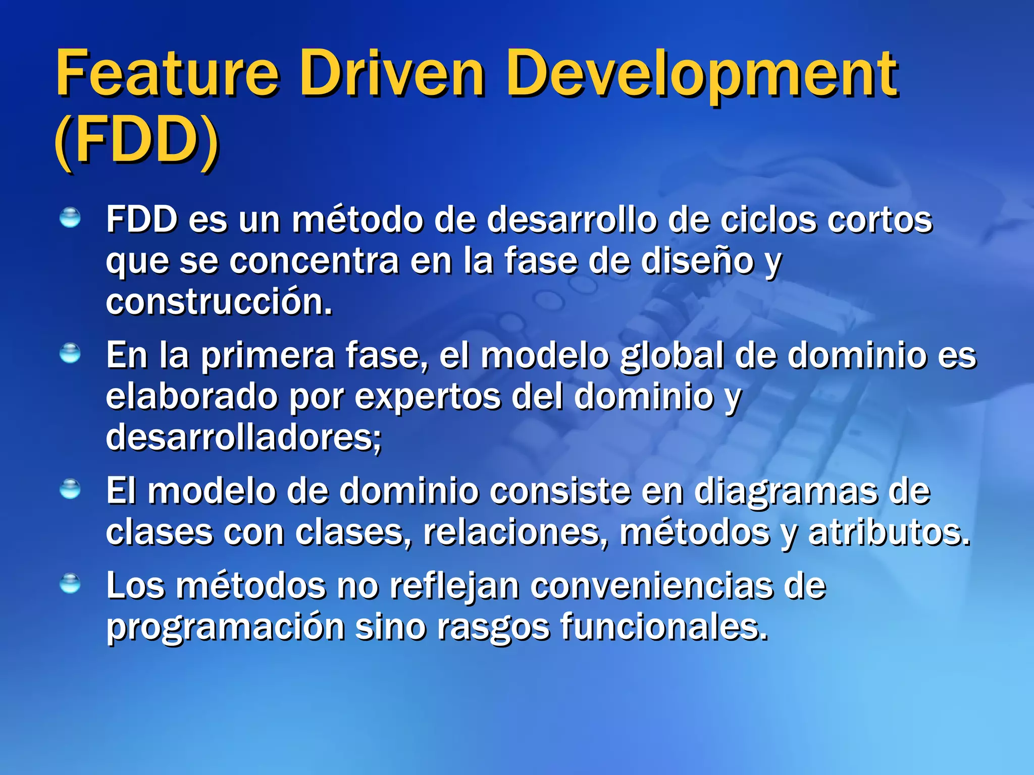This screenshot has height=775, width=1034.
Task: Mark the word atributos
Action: (x=889, y=533)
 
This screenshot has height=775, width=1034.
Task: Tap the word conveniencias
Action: (x=652, y=586)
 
